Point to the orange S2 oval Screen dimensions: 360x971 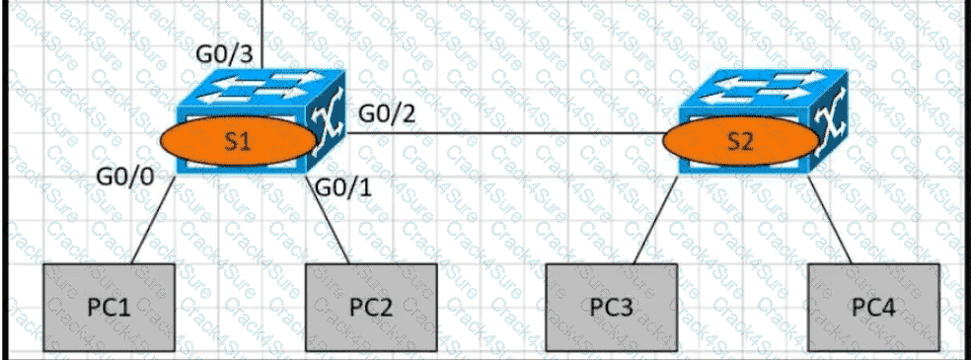pos(740,141)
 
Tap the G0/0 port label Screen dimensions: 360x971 pos(124,178)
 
